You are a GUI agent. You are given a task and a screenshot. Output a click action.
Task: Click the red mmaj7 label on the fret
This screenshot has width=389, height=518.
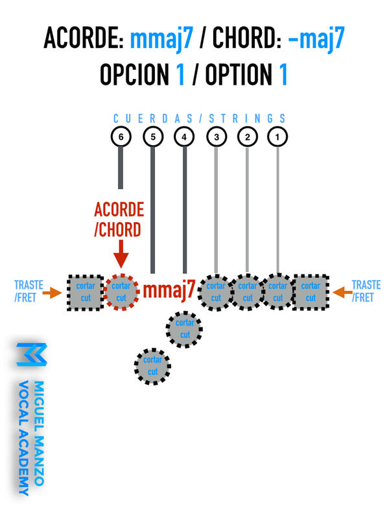pyautogui.click(x=169, y=291)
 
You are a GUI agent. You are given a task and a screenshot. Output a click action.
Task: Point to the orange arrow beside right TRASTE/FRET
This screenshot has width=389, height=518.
pyautogui.click(x=341, y=293)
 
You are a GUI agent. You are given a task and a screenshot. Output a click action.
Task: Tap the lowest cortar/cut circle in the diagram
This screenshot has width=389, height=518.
pyautogui.click(x=153, y=366)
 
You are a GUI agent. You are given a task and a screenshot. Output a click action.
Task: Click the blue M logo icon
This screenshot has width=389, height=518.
pyautogui.click(x=31, y=354)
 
